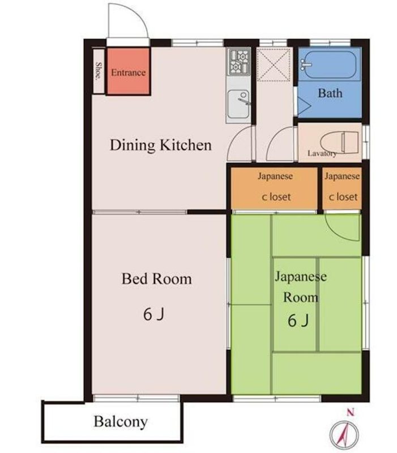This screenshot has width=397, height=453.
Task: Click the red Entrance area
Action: click(x=129, y=71)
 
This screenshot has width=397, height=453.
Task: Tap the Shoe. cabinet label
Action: click(x=99, y=71)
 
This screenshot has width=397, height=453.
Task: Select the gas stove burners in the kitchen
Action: click(x=238, y=62)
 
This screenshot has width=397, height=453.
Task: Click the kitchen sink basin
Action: click(x=238, y=104)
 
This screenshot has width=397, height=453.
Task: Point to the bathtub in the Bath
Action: click(x=330, y=65)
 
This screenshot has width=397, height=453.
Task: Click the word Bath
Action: click(x=330, y=93)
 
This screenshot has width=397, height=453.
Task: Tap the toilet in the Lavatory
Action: click(x=339, y=142)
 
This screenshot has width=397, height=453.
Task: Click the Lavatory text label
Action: click(x=322, y=153)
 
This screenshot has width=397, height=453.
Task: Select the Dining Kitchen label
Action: click(x=161, y=145)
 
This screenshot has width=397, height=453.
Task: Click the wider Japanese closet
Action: click(x=274, y=188)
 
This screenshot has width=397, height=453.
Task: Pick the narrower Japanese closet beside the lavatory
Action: click(x=342, y=188)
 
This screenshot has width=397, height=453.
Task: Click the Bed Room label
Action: click(x=157, y=279)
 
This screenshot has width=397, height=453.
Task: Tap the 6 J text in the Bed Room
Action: click(x=153, y=314)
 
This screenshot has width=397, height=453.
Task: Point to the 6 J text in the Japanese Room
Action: click(x=298, y=320)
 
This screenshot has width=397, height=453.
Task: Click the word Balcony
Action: click(x=121, y=422)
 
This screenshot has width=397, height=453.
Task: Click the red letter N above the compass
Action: click(x=351, y=413)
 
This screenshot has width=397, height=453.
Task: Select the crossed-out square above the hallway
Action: click(x=274, y=65)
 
